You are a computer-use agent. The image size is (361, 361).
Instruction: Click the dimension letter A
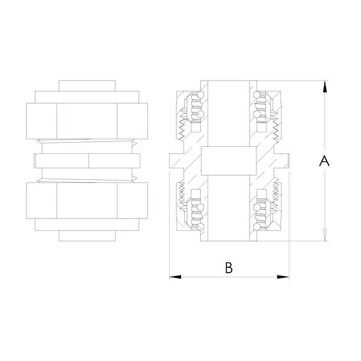324,161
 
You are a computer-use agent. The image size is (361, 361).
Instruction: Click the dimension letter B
229,268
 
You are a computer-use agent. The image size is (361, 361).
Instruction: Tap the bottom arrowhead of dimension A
325,235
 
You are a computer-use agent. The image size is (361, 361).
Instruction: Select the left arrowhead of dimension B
175,277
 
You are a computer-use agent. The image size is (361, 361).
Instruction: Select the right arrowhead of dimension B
283,277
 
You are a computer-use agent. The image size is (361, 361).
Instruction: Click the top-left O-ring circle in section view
201,94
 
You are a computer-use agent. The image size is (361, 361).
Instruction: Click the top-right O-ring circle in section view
256,94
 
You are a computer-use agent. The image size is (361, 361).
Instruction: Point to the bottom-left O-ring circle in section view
201,227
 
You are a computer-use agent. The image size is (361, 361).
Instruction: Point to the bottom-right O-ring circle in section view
256,227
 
